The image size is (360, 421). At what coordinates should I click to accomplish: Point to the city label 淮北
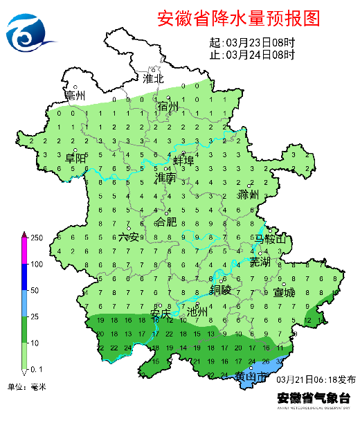153,78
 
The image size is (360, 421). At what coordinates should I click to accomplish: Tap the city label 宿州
168,107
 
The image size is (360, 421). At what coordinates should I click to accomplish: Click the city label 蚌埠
183,160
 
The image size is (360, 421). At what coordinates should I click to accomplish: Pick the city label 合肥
165,222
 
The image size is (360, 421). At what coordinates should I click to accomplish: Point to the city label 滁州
247,195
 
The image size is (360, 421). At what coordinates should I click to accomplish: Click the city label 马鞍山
269,239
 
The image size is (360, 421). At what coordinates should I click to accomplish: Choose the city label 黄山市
249,377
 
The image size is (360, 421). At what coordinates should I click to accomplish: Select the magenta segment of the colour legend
23,251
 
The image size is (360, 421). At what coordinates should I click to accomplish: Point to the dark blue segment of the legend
23,277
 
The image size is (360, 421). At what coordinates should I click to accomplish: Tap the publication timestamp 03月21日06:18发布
316,380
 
